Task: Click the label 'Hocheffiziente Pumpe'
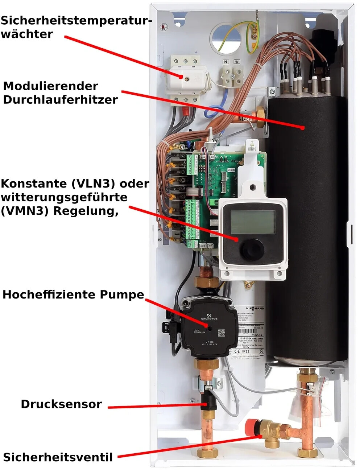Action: (73, 294)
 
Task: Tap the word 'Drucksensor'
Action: (61, 404)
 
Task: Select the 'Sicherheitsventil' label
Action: (58, 457)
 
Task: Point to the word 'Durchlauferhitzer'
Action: (60, 100)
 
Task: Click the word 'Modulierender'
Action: (50, 86)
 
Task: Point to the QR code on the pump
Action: (221, 333)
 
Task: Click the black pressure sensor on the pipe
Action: (209, 400)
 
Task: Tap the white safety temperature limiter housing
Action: (186, 77)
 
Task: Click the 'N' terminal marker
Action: (225, 62)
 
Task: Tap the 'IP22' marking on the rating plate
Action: (246, 351)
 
